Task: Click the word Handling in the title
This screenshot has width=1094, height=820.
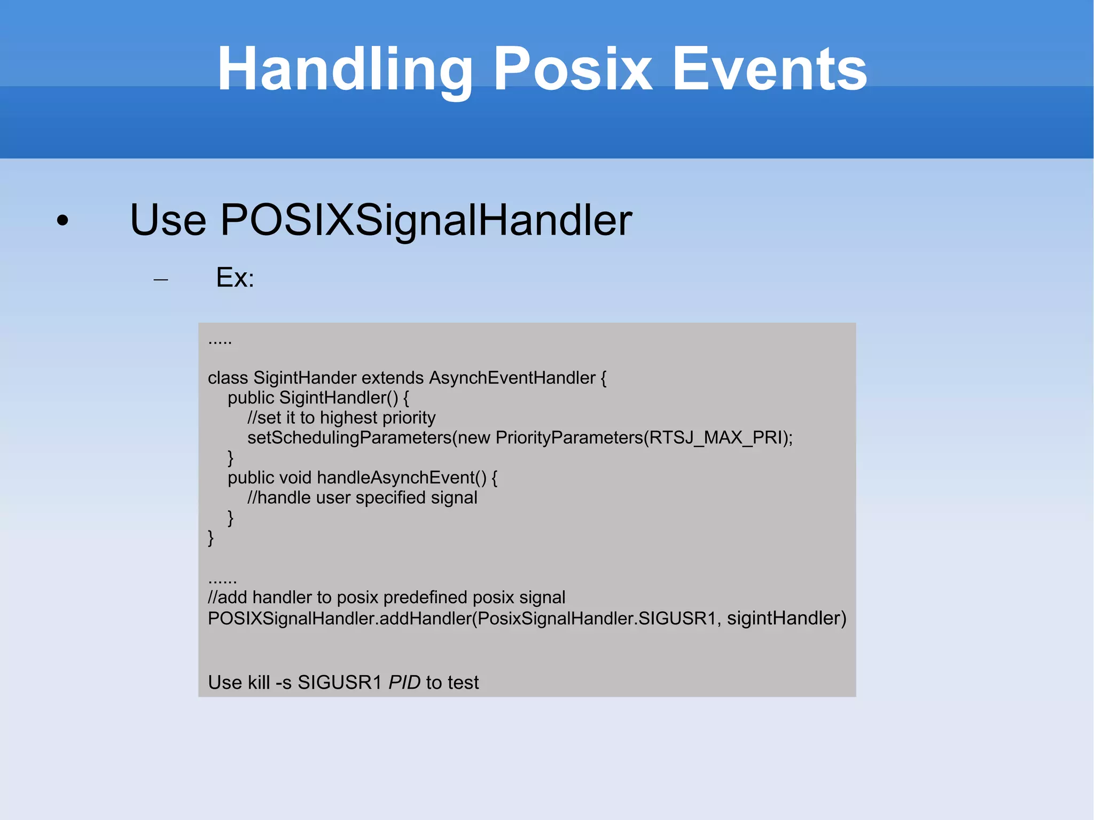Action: pos(345,69)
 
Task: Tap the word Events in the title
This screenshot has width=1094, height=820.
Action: pos(769,69)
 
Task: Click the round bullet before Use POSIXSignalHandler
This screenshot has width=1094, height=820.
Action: pos(63,221)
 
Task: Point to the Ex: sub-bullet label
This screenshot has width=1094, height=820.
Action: pos(235,277)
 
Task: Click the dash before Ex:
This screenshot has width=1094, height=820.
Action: pos(160,279)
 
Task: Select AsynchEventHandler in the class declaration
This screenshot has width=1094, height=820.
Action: pos(512,378)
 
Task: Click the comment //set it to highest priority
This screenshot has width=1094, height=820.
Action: pos(341,418)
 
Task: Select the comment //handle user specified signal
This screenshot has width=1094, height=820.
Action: pos(362,497)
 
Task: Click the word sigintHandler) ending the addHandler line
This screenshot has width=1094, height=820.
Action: pos(786,618)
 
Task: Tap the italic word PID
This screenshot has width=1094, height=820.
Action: pos(404,682)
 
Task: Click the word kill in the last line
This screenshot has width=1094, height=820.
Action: pos(255,682)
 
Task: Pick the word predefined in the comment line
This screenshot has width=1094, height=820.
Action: pos(425,597)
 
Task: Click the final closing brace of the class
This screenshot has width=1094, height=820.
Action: pos(211,537)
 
